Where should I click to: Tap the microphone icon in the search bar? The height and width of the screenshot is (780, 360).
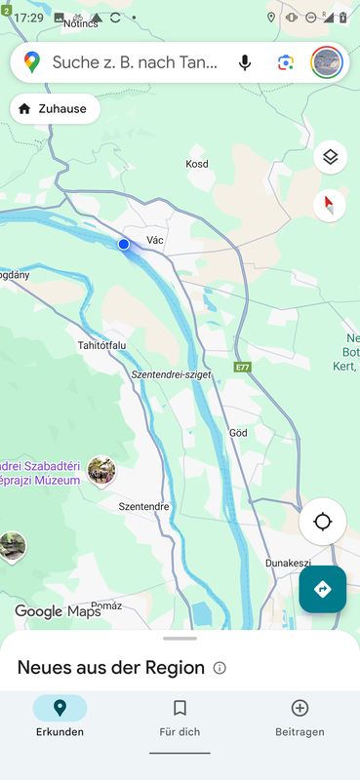coord(244,62)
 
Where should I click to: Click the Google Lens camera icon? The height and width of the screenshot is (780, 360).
coord(285,62)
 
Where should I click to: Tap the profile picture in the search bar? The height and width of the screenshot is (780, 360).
coord(327,62)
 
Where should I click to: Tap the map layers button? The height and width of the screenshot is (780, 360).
coord(331,157)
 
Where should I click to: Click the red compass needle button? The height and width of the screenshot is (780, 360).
coord(331,205)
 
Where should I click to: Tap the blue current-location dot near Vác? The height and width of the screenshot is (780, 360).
coord(124,244)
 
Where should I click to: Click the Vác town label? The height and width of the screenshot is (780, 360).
coord(155,240)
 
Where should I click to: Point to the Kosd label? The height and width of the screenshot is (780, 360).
coord(197,164)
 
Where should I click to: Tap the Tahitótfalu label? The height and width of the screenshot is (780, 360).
coord(102,345)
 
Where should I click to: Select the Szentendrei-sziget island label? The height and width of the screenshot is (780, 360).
coord(171,374)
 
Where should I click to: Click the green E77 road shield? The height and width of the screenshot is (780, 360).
coord(243,367)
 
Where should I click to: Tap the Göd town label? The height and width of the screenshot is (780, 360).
coord(237,432)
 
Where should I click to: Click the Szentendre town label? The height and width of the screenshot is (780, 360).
coord(143,507)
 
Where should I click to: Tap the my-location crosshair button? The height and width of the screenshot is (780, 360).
coord(323,522)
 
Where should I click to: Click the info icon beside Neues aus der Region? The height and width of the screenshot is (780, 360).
coord(220,668)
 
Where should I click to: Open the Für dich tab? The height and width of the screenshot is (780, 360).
coord(180,718)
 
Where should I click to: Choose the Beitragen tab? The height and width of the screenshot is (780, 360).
coord(300,718)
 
